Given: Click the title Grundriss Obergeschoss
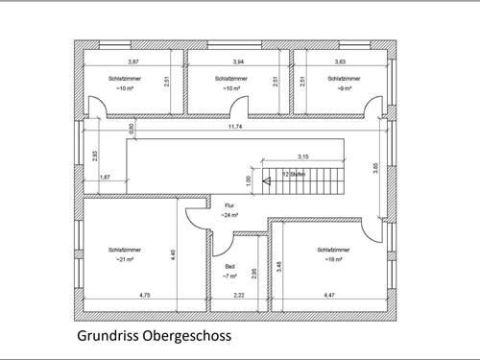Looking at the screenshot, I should coord(154,337).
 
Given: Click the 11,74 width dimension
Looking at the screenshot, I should coord(234,126).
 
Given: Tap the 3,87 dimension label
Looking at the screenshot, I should coord(133,62).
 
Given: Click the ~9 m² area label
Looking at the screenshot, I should coord(346,88).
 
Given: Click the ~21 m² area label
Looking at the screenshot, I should coord(125,259).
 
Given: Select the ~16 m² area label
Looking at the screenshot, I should coord(333,259).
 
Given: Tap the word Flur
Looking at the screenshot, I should coord(229,205).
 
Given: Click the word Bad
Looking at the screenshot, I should coord(229,267).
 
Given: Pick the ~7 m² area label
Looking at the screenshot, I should coord(229,276).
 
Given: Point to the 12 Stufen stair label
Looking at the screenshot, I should coord(294,174).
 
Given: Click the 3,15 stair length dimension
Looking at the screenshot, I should coord(302,156).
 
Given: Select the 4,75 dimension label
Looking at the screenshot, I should coord(145,294).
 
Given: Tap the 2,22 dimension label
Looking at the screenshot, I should coord(239,294).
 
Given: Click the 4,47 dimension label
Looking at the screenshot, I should coord(329,294).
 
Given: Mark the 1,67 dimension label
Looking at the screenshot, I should coord(105,178).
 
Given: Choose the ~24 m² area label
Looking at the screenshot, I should coord(229,215).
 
